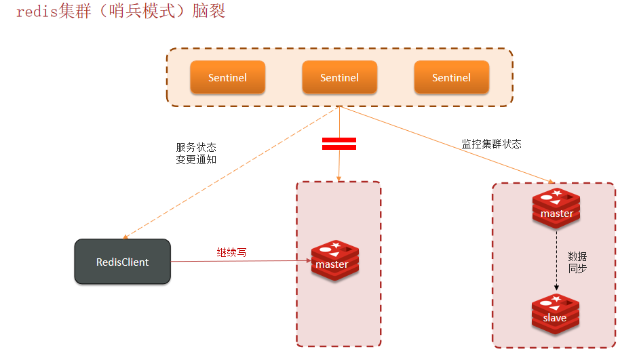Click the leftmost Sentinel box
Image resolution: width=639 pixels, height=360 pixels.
point(227,77)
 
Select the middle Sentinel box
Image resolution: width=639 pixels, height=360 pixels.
point(339,77)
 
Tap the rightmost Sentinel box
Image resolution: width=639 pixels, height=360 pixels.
point(451,77)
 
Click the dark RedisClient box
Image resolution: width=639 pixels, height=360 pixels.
point(122,262)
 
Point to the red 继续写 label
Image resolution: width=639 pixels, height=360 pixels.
point(232,252)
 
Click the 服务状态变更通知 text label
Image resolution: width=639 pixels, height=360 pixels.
point(196,153)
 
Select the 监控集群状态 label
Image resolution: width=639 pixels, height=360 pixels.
point(492,144)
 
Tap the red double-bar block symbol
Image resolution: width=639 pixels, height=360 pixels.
point(338,143)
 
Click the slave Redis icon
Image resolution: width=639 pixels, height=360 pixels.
point(555,315)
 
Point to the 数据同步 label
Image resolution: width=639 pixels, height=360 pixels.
point(577,262)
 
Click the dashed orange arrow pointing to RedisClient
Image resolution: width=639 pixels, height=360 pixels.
point(231,173)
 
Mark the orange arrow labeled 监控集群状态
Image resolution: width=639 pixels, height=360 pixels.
point(448,144)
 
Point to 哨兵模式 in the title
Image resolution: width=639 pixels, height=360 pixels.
point(141,12)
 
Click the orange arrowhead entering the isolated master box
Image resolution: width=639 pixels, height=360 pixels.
point(338,178)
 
